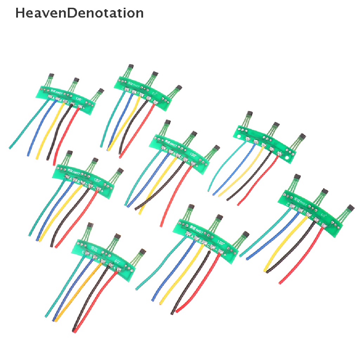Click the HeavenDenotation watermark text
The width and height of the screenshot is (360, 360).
click(x=79, y=13)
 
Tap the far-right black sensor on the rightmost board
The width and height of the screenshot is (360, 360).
click(x=351, y=208)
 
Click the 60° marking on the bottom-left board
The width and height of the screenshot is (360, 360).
click(x=117, y=262)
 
